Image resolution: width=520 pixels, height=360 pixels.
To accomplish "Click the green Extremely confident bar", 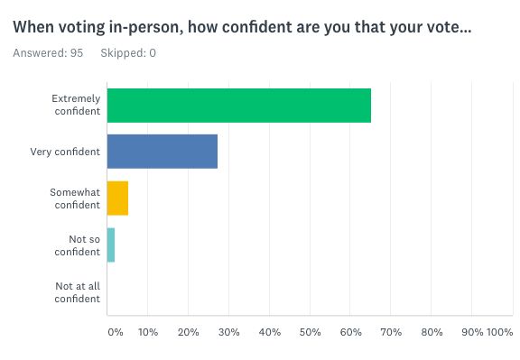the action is click(x=239, y=106).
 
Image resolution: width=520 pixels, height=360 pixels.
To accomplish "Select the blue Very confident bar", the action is click(x=162, y=152).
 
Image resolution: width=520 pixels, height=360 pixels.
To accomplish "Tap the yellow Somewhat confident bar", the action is click(x=117, y=198).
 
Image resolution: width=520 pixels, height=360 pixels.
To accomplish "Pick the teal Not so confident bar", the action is click(x=111, y=245).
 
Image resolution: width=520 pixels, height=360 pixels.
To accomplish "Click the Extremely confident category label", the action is click(x=76, y=105).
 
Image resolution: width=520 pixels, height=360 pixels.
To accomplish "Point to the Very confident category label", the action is click(x=65, y=152).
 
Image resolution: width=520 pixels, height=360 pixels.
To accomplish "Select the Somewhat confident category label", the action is click(x=75, y=198).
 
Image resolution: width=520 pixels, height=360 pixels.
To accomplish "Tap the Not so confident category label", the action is click(x=78, y=245).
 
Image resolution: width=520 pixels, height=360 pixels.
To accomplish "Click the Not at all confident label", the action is click(x=78, y=292).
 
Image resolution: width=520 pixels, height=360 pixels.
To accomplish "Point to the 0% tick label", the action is click(x=116, y=332).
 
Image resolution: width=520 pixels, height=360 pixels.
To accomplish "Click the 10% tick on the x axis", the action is click(x=148, y=332).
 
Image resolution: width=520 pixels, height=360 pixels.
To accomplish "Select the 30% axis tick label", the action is click(x=228, y=332).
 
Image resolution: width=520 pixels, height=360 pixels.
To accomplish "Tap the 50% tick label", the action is click(x=310, y=332).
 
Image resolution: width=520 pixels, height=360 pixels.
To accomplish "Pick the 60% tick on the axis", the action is click(x=350, y=332).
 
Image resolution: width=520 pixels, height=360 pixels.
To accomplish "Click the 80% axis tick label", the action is click(x=432, y=332).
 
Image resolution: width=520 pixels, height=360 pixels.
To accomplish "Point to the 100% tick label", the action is click(x=500, y=332).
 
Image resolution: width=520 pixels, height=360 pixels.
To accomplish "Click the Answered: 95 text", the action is click(x=48, y=53).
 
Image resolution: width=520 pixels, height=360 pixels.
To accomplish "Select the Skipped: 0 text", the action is click(x=128, y=53).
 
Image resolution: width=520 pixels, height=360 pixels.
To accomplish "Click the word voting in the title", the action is click(x=81, y=27).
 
